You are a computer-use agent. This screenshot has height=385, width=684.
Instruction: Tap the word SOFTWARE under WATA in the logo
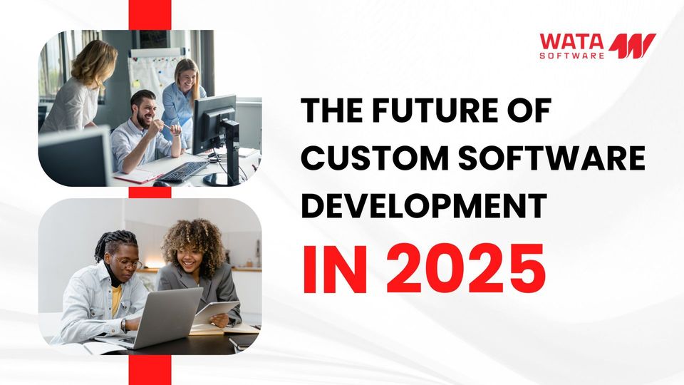pyautogui.click(x=571, y=55)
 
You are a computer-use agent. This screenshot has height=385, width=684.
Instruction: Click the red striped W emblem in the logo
pyautogui.click(x=632, y=46)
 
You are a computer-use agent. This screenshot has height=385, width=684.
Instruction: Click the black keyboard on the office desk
pyautogui.click(x=183, y=170)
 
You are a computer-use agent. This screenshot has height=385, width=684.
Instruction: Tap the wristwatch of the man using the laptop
pyautogui.click(x=123, y=325)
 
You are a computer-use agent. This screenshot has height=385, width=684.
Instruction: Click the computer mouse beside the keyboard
pyautogui.click(x=162, y=183)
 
